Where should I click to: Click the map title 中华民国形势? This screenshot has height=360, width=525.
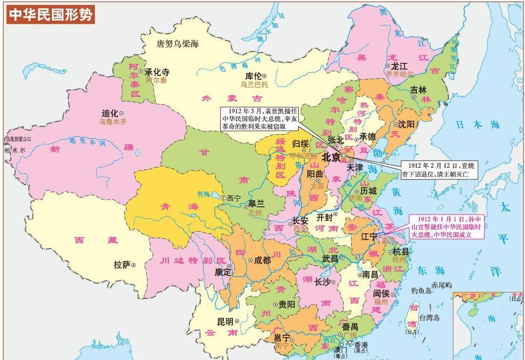tap(50, 15)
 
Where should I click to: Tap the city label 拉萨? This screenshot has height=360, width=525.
tap(122, 264)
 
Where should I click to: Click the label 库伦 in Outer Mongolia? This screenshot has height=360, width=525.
tap(253, 76)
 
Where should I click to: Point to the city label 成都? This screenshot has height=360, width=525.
tap(262, 260)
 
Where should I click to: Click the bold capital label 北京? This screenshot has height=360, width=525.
tap(331, 156)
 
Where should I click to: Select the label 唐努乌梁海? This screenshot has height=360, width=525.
tap(178, 44)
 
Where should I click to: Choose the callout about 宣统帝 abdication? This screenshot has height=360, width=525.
tap(438, 170)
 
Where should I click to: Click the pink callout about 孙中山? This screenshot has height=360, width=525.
tap(447, 226)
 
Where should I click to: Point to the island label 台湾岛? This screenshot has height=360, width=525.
tap(430, 317)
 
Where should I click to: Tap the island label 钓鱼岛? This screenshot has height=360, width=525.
tap(421, 290)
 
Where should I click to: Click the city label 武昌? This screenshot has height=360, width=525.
tap(330, 258)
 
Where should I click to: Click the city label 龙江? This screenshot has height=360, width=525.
tap(399, 66)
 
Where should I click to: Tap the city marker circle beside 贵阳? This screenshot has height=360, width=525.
tap(275, 304)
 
